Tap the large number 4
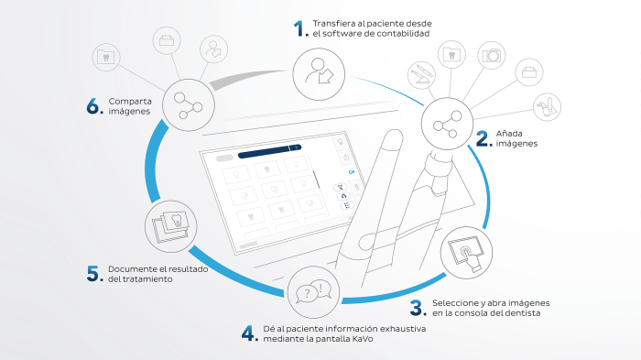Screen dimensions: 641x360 click(x=248, y=333)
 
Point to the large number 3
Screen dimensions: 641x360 click(x=417, y=308)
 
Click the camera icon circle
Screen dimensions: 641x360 click(x=492, y=55)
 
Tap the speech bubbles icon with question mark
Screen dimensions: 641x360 click(x=313, y=292)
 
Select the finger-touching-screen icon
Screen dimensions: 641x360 click(x=466, y=253)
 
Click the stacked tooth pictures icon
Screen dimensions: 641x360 click(x=171, y=226)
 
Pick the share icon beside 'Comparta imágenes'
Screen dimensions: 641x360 click(x=189, y=105)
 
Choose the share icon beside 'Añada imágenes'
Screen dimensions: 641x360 click(x=447, y=124)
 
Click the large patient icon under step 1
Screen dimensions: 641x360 click(x=319, y=74)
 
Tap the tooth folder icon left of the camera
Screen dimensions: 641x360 click(x=451, y=54)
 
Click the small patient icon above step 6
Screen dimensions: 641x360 click(x=213, y=49)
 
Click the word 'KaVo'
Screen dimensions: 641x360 click(x=363, y=339)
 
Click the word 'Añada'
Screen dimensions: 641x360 click(x=509, y=134)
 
